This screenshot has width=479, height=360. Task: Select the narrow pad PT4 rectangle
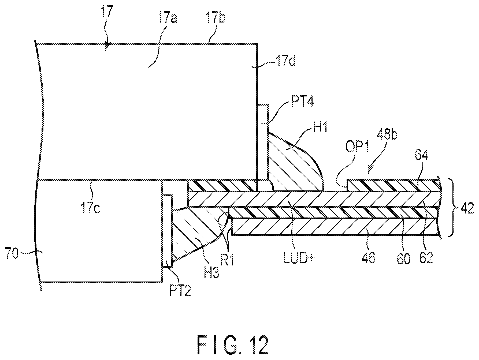[x=262, y=142]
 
